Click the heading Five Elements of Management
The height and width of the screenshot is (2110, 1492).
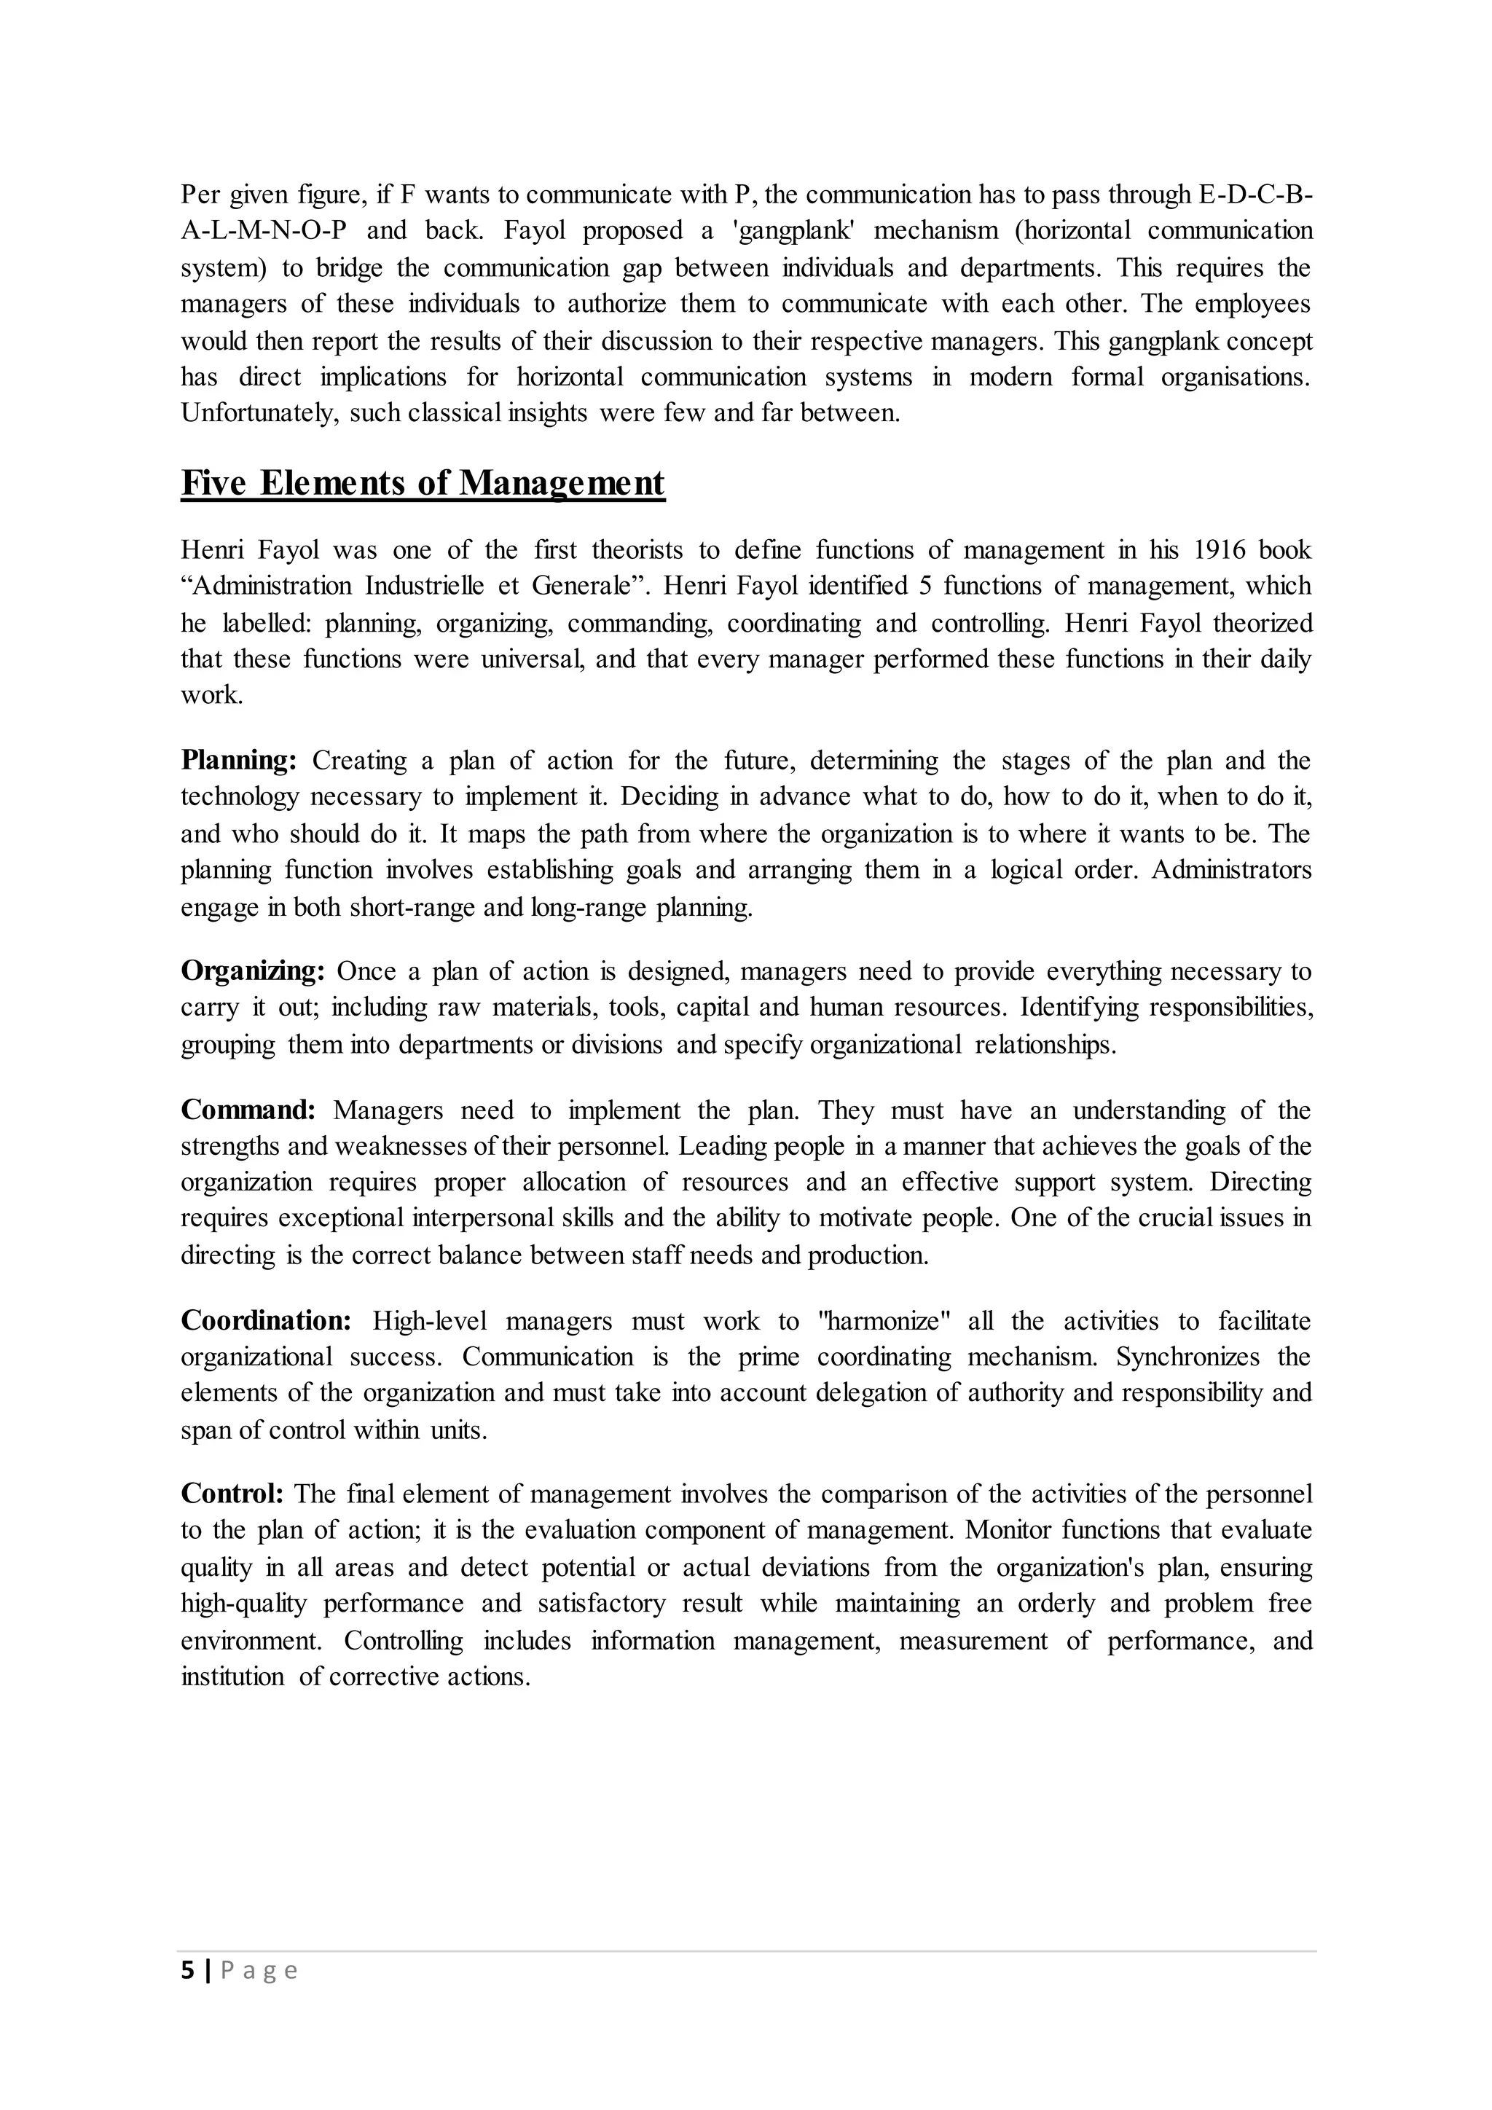pyautogui.click(x=423, y=483)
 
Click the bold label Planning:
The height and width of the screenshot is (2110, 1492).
pyautogui.click(x=239, y=761)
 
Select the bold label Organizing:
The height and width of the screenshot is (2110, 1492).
pyautogui.click(x=253, y=971)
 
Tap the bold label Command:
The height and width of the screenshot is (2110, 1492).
pyautogui.click(x=248, y=1110)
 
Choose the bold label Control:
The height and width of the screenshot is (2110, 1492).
pyautogui.click(x=232, y=1494)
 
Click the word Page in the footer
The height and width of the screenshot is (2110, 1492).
pyautogui.click(x=259, y=1972)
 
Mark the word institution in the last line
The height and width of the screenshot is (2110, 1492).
pyautogui.click(x=232, y=1677)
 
